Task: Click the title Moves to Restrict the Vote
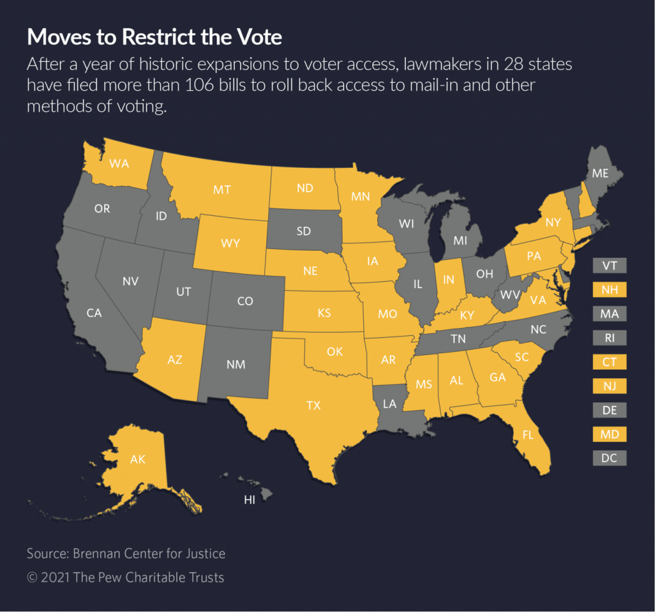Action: coord(154,37)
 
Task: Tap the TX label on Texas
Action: coord(313,405)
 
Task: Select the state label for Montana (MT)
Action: coord(222,190)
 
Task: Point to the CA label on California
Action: coord(95,313)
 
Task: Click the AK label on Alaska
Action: coord(138,459)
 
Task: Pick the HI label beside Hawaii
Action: coord(250,500)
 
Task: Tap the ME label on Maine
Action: coord(600,174)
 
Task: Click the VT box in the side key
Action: coord(609,266)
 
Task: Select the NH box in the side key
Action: coord(609,290)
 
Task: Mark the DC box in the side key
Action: coord(609,459)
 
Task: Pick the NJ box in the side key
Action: coord(609,386)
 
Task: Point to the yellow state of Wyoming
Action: coord(230,243)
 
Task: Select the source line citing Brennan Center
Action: coord(126,553)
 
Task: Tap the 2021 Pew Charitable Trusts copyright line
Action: coord(125,577)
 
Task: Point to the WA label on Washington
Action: coord(120,163)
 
